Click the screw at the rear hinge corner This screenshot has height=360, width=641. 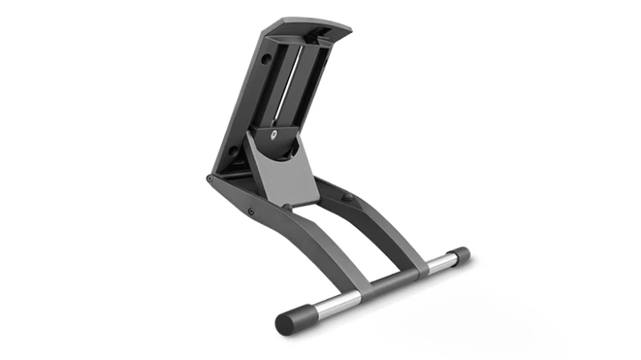pyautogui.click(x=210, y=179)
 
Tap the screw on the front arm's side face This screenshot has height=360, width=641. pyautogui.click(x=251, y=211)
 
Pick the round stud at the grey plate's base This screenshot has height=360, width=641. pyautogui.click(x=288, y=207)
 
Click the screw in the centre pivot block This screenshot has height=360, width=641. pyautogui.click(x=276, y=135)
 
